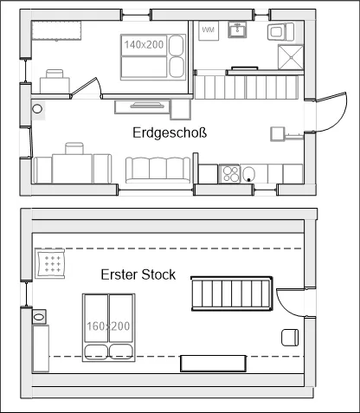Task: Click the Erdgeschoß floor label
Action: pos(170,133)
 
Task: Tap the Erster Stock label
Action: pos(138,274)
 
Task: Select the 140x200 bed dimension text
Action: pos(144,45)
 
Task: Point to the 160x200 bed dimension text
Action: pos(108,326)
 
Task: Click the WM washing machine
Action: pos(209,30)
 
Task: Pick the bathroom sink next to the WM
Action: pos(237,29)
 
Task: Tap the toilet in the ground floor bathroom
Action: pos(280,32)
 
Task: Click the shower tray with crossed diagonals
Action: pos(291,57)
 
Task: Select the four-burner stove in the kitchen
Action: pos(229,174)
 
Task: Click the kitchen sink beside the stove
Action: pos(248,174)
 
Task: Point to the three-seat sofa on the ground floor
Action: pos(157,170)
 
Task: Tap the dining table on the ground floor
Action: pos(72,169)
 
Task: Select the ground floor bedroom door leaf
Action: pos(84,87)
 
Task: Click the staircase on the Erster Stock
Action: pos(232,294)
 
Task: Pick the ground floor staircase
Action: pos(247,87)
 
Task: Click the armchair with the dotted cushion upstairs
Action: pos(50,263)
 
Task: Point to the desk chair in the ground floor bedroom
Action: pos(55,74)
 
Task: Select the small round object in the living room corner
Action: pos(37,109)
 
